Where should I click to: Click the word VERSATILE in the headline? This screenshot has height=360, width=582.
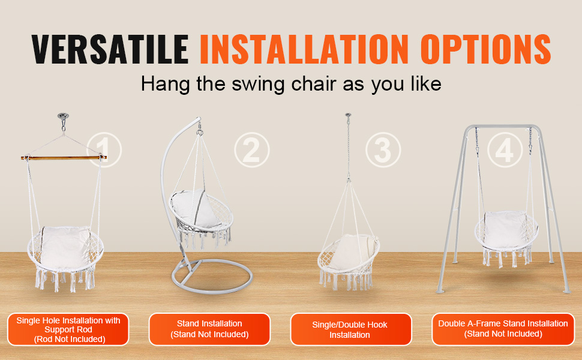coord(110,49)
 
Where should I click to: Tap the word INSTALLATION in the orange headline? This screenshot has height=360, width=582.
coord(304,49)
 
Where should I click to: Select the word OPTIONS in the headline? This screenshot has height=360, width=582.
coord(485,49)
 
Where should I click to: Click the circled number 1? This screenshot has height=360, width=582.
coord(104,149)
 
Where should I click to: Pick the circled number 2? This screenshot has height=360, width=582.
coord(251,149)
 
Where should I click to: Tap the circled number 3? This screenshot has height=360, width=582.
coord(383,149)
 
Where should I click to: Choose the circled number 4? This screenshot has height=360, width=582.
coord(505,149)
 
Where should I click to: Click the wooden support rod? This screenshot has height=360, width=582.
coord(64,158)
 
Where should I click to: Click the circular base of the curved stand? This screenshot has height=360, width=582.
coord(212,277)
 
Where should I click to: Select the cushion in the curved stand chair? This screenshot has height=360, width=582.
coord(194,209)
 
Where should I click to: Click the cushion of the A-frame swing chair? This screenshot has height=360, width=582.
coord(505,230)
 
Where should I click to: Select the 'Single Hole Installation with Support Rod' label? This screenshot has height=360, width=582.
coord(68,329)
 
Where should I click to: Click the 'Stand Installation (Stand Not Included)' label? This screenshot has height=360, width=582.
coord(210,329)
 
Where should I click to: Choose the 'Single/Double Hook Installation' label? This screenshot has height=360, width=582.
coord(351,329)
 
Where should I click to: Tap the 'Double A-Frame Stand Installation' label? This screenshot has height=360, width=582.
coord(503,329)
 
